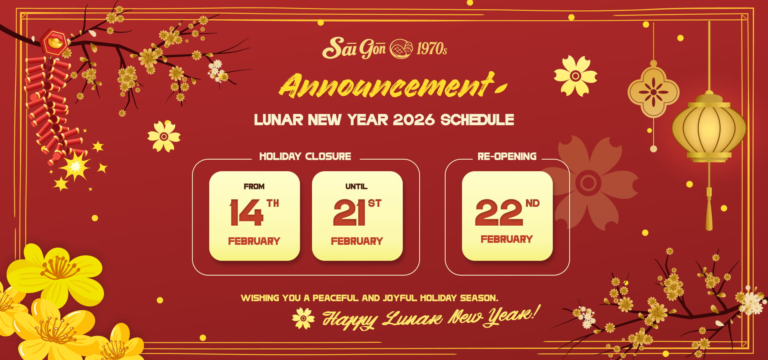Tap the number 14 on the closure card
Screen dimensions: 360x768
pyautogui.click(x=246, y=213)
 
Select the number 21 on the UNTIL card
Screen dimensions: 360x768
pyautogui.click(x=350, y=213)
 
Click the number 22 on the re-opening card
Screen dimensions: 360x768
pyautogui.click(x=499, y=213)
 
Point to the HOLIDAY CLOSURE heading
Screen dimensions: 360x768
pyautogui.click(x=305, y=156)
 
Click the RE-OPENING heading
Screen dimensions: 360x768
pyautogui.click(x=507, y=156)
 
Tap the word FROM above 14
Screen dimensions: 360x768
pyautogui.click(x=254, y=186)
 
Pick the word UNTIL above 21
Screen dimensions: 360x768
pyautogui.click(x=356, y=186)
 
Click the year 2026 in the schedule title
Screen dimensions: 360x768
pyautogui.click(x=414, y=120)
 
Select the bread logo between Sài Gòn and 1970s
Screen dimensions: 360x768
pyautogui.click(x=401, y=49)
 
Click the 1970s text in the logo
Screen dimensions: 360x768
pyautogui.click(x=432, y=49)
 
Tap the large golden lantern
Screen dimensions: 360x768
pyautogui.click(x=709, y=128)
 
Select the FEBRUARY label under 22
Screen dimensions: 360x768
pyautogui.click(x=507, y=239)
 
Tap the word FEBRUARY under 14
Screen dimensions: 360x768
pyautogui.click(x=254, y=241)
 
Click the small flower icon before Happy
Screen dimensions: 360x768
pyautogui.click(x=303, y=318)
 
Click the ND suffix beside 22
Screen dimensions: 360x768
pyautogui.click(x=532, y=203)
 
